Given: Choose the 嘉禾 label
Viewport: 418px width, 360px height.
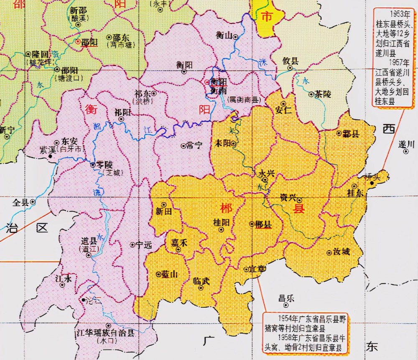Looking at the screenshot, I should click(178, 243).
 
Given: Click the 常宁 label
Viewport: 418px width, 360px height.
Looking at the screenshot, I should click(194, 146).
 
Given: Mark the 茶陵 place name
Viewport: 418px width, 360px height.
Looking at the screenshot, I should click(323, 94).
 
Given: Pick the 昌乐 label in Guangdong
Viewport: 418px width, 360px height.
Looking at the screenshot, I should click(286, 299).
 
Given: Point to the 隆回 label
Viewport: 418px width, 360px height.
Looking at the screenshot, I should click(40, 54).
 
